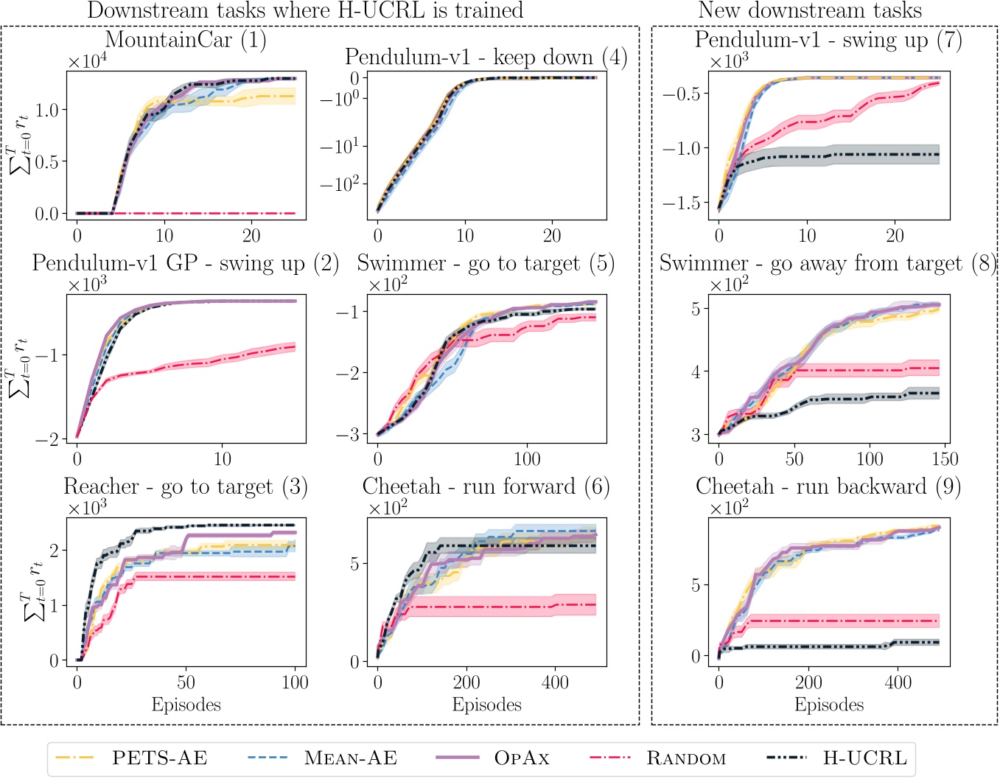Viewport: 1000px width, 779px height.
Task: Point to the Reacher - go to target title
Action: (186, 486)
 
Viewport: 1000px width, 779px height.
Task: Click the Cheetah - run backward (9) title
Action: (828, 486)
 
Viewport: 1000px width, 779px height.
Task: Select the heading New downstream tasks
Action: (809, 10)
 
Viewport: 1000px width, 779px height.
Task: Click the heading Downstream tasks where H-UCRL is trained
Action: (305, 10)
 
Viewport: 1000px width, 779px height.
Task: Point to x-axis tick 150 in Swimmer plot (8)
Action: (945, 459)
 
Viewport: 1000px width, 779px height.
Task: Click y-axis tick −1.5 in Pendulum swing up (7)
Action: (685, 203)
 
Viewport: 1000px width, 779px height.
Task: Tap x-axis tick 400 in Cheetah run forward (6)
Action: (555, 682)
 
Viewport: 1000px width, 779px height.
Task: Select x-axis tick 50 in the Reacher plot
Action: (186, 682)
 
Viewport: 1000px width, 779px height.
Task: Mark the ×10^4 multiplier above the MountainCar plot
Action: (88, 62)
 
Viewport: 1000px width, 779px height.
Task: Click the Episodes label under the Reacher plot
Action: (186, 705)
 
